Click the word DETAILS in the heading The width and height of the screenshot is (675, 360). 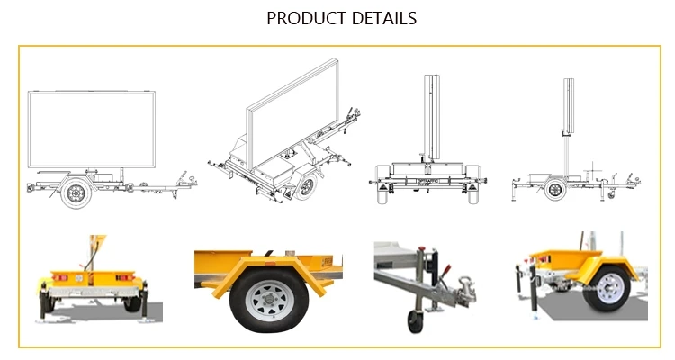[x=384, y=18]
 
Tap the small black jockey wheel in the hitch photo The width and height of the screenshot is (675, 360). [x=416, y=320]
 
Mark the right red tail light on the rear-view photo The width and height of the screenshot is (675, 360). [x=127, y=275]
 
